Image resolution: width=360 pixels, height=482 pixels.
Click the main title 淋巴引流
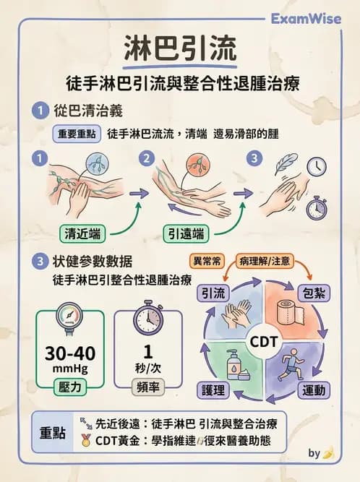point(180,52)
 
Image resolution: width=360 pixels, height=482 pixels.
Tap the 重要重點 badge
point(77,134)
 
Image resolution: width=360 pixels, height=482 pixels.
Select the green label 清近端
point(82,233)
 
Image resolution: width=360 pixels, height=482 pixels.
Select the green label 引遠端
point(184,233)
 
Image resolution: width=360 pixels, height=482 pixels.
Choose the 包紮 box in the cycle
point(314,293)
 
